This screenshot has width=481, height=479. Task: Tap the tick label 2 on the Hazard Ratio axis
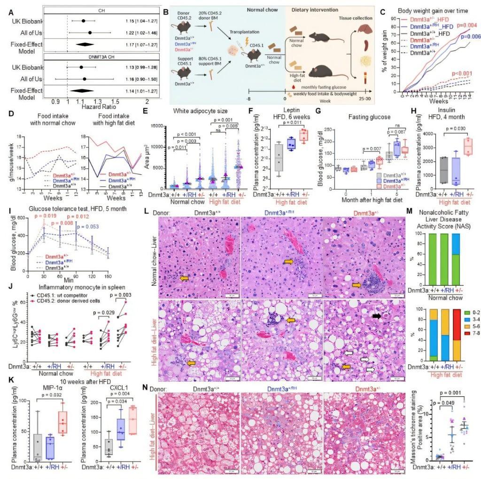pos(147,101)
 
